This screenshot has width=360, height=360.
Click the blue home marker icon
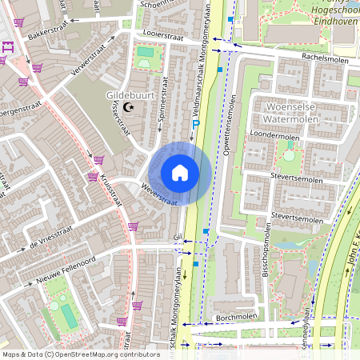coord(180,173)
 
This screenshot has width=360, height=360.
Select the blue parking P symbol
coord(196,123)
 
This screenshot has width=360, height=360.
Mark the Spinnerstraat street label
coord(162,100)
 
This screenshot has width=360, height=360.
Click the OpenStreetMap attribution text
coord(81,354)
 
